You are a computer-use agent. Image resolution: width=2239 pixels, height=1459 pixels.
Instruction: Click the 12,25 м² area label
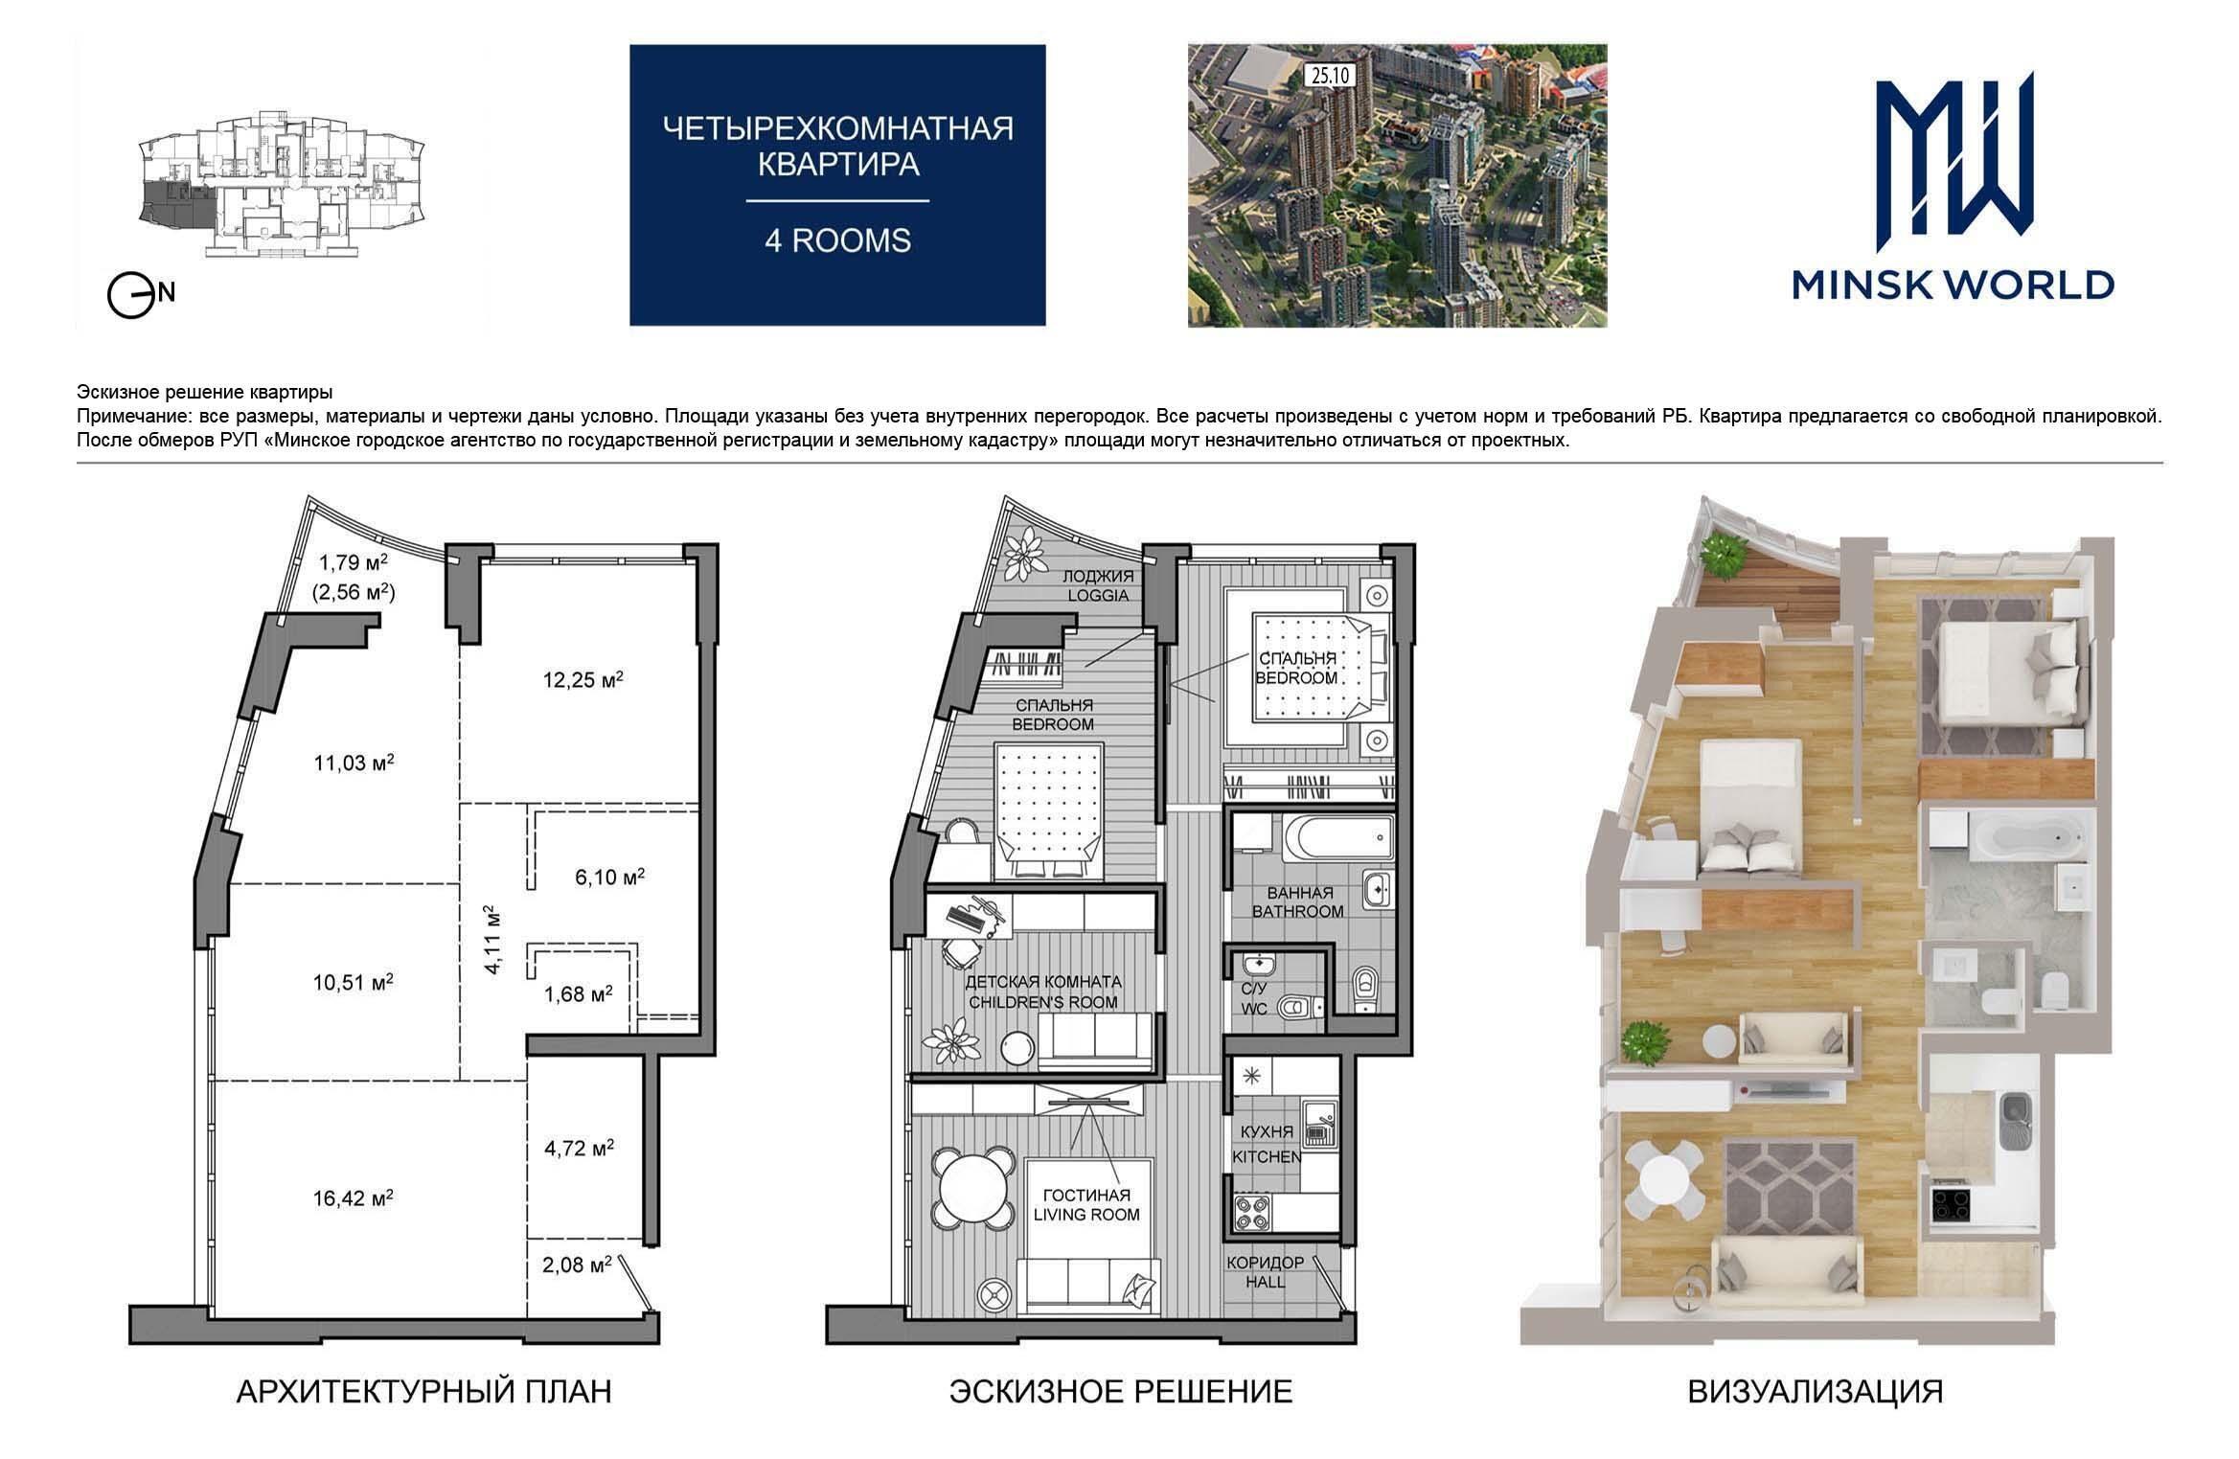pyautogui.click(x=583, y=680)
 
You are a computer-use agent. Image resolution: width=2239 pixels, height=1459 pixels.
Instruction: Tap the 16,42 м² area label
pyautogui.click(x=354, y=1197)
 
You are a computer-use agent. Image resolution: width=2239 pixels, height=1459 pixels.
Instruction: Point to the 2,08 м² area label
pyautogui.click(x=577, y=1265)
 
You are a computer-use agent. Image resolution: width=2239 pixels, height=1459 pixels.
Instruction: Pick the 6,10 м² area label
pyautogui.click(x=609, y=877)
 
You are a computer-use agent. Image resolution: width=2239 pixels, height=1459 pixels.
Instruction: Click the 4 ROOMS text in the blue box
pyautogui.click(x=837, y=240)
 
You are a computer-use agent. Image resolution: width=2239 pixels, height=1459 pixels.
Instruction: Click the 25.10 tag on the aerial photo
pyautogui.click(x=1328, y=76)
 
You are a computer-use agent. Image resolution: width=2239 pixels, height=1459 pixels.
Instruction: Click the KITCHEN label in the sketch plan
pyautogui.click(x=1267, y=1157)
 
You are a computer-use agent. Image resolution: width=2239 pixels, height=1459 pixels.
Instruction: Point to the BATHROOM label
pyautogui.click(x=1298, y=911)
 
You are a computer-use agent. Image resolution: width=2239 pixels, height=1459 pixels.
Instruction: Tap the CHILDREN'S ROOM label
pyautogui.click(x=1043, y=1002)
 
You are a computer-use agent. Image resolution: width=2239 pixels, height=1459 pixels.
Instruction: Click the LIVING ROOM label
pyautogui.click(x=1085, y=1215)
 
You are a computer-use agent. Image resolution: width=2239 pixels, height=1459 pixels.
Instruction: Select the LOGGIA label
pyautogui.click(x=1097, y=595)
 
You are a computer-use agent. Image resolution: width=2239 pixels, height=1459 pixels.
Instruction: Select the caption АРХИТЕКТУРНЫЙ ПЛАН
pyautogui.click(x=423, y=1391)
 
